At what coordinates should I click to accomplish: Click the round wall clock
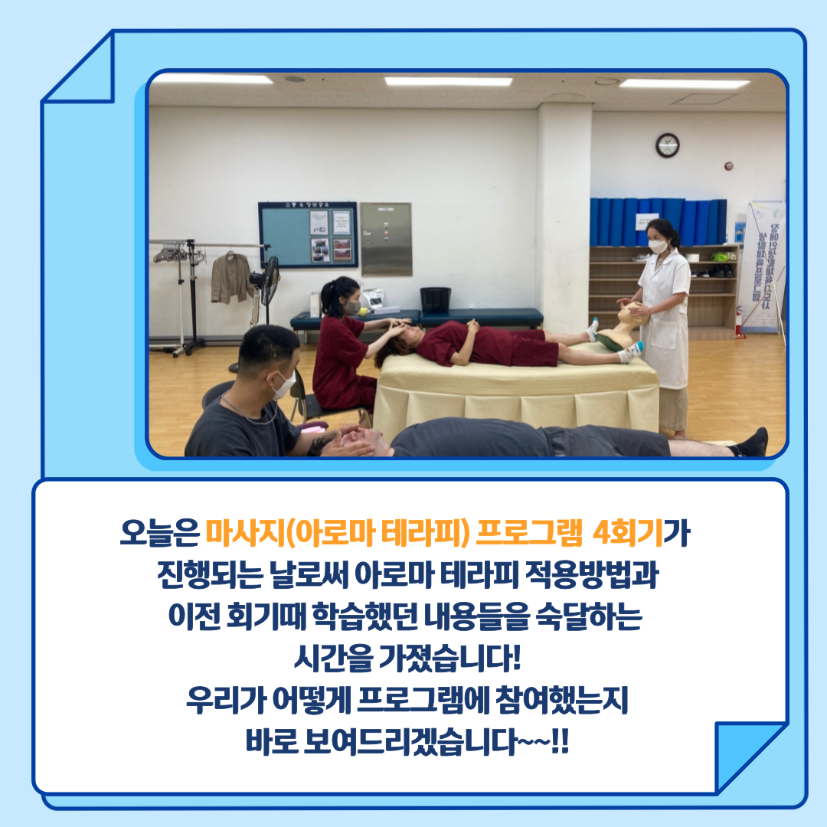(667, 145)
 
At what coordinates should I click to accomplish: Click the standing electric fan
(266, 296)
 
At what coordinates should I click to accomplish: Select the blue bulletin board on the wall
(308, 235)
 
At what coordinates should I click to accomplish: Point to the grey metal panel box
(386, 239)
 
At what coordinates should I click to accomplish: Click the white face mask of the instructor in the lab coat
(658, 246)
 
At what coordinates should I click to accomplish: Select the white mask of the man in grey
(283, 384)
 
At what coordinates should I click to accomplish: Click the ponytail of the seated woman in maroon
(325, 299)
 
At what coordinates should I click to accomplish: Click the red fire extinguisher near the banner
(739, 322)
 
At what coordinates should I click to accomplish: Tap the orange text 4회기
(627, 534)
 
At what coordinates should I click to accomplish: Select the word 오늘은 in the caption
(160, 534)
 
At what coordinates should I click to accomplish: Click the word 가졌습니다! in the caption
(450, 659)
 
